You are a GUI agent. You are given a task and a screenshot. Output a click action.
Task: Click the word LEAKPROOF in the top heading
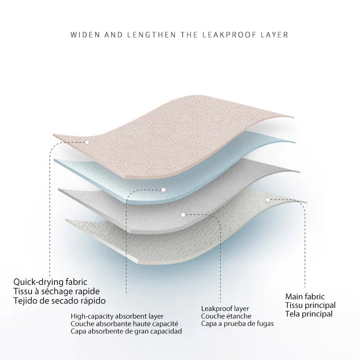pyautogui.click(x=233, y=34)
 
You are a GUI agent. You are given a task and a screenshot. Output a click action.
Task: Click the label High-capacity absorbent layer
pyautogui.click(x=117, y=316)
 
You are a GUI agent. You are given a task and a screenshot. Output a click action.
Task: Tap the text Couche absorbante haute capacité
pyautogui.click(x=124, y=324)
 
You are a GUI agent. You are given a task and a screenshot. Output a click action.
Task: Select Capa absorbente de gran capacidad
pyautogui.click(x=126, y=331)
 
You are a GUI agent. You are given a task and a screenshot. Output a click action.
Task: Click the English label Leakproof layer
pyautogui.click(x=225, y=308)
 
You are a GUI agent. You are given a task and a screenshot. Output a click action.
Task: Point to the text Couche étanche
pyautogui.click(x=226, y=316)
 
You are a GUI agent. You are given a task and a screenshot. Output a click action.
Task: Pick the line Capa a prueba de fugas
pyautogui.click(x=237, y=323)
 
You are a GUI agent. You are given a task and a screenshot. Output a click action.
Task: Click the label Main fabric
pyautogui.click(x=305, y=297)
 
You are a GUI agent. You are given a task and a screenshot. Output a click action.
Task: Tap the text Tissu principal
pyautogui.click(x=310, y=305)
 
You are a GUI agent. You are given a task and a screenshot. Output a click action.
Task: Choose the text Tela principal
pyautogui.click(x=309, y=314)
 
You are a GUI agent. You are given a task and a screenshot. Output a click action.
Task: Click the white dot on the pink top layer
pyautogui.click(x=87, y=142)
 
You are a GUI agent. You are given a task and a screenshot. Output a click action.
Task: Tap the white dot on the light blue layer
pyautogui.click(x=163, y=190)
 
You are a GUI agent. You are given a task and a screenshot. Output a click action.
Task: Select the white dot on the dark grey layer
pyautogui.click(x=183, y=215)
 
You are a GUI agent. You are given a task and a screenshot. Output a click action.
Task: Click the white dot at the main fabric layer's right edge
pyautogui.click(x=267, y=199)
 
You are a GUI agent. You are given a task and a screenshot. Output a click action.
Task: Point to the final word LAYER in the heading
pyautogui.click(x=274, y=34)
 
